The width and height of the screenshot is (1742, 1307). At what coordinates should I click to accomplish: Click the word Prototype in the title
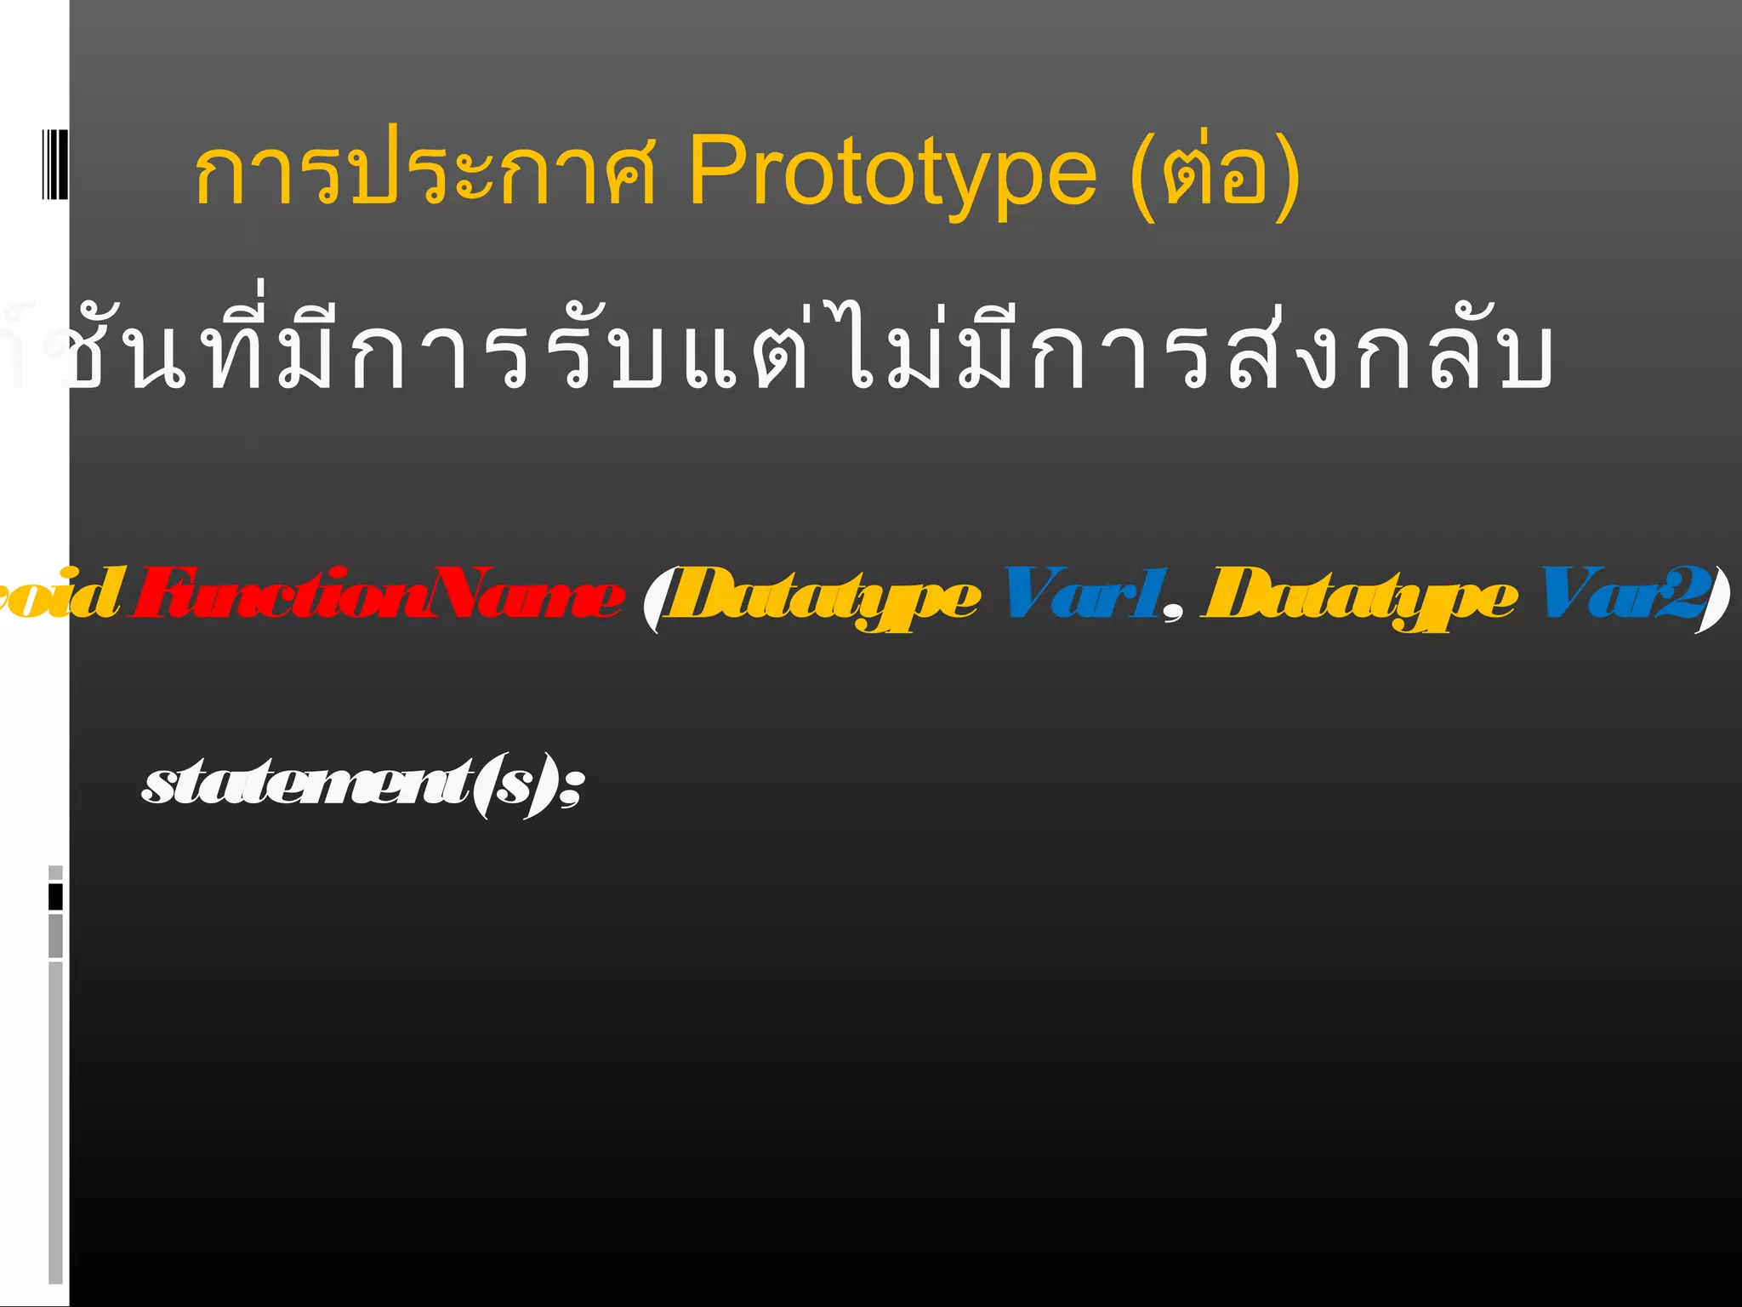[892, 173]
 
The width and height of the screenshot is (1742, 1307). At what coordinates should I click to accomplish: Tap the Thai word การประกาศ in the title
[425, 173]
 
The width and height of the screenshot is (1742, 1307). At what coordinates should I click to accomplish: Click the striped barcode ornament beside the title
[54, 163]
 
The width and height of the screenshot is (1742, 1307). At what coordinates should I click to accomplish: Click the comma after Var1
[1174, 613]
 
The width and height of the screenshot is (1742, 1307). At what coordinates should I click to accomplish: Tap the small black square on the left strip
[55, 897]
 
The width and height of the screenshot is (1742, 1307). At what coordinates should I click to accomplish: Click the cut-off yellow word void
[60, 593]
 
